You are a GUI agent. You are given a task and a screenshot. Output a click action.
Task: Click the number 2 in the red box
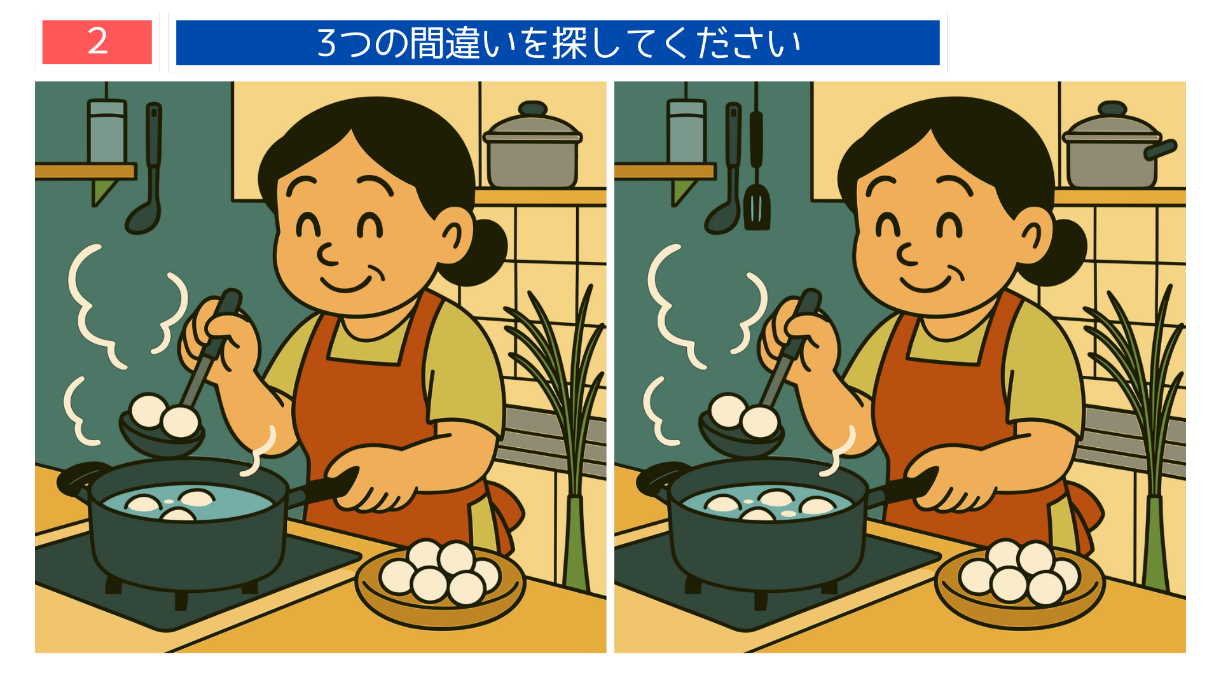[97, 42]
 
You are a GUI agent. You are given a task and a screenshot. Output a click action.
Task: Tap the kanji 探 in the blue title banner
[569, 43]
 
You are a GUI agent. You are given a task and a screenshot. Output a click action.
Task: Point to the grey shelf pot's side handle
[1161, 150]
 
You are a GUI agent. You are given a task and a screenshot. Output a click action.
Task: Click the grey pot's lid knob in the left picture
[533, 108]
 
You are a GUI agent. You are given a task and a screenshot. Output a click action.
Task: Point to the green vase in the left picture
[576, 541]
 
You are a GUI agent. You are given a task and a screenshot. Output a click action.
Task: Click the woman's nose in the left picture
[328, 255]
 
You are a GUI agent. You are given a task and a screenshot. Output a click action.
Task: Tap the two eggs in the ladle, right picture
[744, 417]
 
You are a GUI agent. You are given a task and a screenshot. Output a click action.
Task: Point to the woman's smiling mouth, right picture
[927, 281]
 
